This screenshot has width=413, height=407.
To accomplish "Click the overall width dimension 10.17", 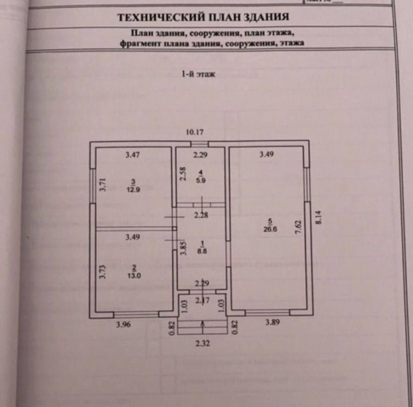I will [x=195, y=132].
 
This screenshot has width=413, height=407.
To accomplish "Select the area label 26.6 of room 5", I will [x=270, y=229].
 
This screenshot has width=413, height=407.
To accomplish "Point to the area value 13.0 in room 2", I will [x=134, y=276].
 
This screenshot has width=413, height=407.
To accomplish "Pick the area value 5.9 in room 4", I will [x=201, y=180].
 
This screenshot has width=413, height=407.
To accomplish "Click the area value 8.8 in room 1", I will [x=202, y=252].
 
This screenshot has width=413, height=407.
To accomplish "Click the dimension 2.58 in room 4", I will [x=182, y=174].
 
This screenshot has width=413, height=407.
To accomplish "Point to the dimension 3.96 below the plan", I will [x=123, y=325].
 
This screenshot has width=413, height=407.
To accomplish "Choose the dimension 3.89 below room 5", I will [x=272, y=322].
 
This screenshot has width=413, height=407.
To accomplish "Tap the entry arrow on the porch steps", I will [x=202, y=326].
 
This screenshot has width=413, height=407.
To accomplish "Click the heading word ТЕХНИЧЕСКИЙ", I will [x=161, y=17].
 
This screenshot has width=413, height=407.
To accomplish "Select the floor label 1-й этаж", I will [x=198, y=74].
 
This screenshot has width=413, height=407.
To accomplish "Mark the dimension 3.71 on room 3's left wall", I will [x=102, y=184].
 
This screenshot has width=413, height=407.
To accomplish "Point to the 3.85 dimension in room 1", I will [x=182, y=248].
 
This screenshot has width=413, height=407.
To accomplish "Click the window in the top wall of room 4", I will [x=199, y=144].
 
